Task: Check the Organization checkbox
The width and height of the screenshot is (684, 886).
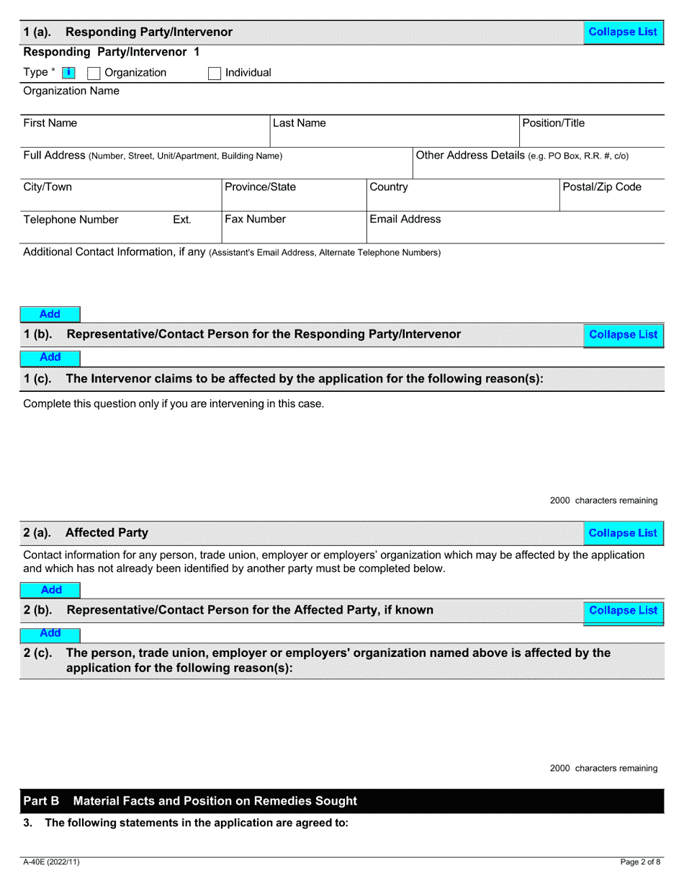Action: click(94, 73)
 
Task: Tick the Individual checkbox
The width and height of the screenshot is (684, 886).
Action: click(214, 73)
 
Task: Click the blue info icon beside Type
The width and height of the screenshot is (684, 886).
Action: click(68, 73)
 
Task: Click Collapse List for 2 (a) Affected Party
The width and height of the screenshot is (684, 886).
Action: click(623, 533)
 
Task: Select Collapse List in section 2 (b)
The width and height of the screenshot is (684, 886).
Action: click(623, 610)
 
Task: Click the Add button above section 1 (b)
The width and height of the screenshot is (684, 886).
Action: click(50, 314)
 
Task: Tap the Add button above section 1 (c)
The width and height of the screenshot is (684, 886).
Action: click(50, 357)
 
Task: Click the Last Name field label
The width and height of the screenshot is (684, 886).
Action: click(299, 123)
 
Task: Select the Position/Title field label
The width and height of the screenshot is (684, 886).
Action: click(553, 123)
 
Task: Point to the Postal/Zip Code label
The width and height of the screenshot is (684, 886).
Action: click(601, 187)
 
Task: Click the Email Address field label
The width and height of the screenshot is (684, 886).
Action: click(405, 219)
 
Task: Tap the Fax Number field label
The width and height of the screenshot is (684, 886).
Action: click(255, 219)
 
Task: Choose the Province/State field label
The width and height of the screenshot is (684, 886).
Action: click(260, 187)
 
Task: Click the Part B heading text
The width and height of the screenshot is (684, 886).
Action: click(190, 801)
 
